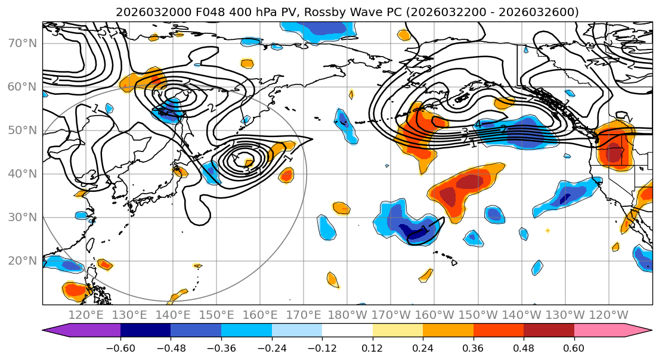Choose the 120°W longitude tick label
pos(609,315)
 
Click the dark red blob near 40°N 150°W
pos(470,181)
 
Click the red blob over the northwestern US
pos(614,152)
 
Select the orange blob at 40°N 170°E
pos(286,175)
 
